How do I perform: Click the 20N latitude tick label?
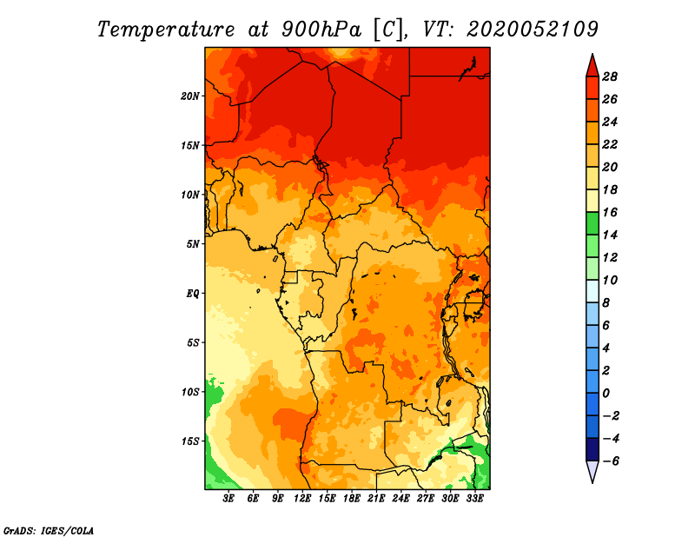point(190,96)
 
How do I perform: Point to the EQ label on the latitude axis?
point(193,293)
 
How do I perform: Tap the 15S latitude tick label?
point(190,441)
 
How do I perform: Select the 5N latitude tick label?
point(193,244)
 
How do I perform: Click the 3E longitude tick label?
point(228,498)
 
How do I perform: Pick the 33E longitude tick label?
point(474,498)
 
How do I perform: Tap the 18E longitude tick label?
point(352,498)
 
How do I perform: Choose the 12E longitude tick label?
point(302,498)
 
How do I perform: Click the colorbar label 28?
point(610,76)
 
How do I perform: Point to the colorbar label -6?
point(610,461)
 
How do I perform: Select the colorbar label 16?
point(610,212)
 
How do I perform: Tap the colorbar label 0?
point(606,393)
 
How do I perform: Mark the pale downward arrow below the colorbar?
point(592,470)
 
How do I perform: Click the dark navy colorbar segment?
point(592,449)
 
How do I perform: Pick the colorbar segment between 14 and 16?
point(592,223)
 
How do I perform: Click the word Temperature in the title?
point(166,30)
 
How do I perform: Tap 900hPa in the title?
point(321,30)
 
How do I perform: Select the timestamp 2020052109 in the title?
point(533,30)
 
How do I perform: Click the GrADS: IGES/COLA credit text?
point(49,531)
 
